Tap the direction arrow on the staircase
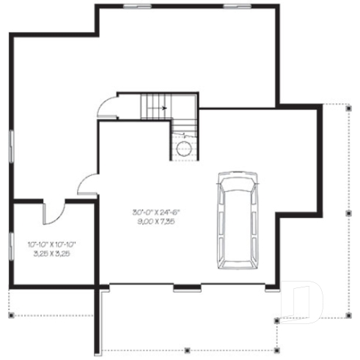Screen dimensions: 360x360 (163, 108)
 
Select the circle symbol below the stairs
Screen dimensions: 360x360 (183, 150)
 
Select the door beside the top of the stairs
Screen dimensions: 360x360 (109, 107)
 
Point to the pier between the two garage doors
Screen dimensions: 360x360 (187, 286)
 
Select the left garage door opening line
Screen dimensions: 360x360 (139, 285)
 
